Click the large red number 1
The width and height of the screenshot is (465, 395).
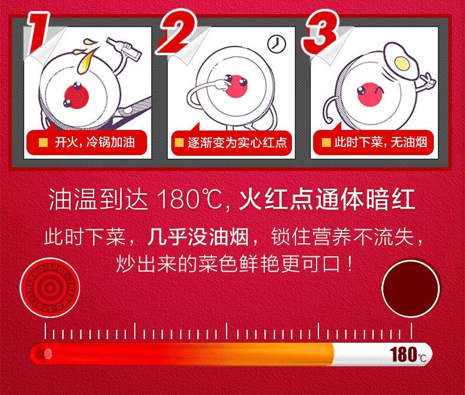pos(37,33)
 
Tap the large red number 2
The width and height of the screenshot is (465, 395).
pos(177,32)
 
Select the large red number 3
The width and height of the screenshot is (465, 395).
pos(320,32)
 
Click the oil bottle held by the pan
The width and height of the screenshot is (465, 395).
pos(125,49)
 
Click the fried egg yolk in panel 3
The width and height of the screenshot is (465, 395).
pos(402,63)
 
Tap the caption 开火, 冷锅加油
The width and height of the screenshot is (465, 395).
pos(95,143)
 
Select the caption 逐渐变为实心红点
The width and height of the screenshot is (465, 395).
pos(237,143)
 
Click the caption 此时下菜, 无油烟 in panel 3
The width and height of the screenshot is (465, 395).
pos(381,143)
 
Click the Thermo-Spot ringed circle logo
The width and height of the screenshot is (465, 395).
pos(50,287)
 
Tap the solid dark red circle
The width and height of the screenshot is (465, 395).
pos(410,289)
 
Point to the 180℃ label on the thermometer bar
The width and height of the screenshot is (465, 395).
pos(408,354)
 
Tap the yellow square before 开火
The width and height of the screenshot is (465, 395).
pos(44,143)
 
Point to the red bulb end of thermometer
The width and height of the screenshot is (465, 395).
pos(41,354)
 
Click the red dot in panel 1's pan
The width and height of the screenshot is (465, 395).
pos(77,96)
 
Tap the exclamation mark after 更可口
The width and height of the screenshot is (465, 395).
pos(351,263)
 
